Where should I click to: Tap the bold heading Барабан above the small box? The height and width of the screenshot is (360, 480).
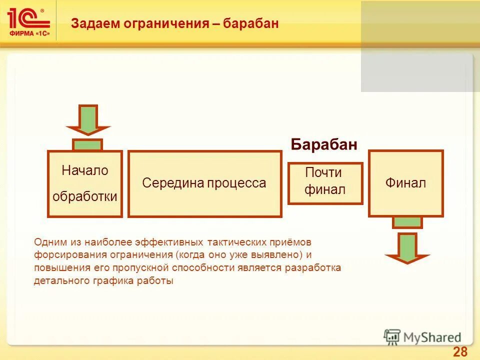[324, 145]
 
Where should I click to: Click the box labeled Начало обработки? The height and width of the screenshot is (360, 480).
[85, 183]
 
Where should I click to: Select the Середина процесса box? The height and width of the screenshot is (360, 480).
[204, 184]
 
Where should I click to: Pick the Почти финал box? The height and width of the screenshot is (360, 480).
[325, 183]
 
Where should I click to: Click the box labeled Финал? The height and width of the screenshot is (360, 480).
[405, 183]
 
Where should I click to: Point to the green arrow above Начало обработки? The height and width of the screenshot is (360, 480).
[88, 120]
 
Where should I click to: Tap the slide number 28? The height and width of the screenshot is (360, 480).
[459, 351]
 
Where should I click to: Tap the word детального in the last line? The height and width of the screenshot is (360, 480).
[58, 281]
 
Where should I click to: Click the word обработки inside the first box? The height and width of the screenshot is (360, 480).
[85, 196]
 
